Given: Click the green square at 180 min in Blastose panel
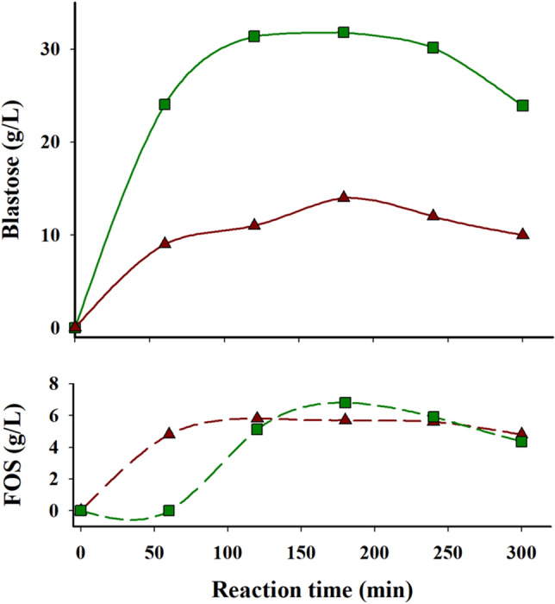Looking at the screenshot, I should (344, 33).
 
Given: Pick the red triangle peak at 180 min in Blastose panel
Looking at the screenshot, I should (344, 197).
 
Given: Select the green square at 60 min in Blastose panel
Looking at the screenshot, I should (165, 104).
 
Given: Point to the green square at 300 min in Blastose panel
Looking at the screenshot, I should (522, 105).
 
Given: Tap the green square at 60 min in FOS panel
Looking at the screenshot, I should (169, 511).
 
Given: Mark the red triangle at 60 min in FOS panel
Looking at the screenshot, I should (170, 434).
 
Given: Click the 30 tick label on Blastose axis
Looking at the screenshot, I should (54, 49).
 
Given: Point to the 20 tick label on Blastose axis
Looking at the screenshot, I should (54, 142).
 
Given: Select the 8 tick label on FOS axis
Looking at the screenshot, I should (59, 385).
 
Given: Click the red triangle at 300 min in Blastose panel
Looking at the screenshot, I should (522, 234).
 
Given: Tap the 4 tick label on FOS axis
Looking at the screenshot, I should (59, 448).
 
